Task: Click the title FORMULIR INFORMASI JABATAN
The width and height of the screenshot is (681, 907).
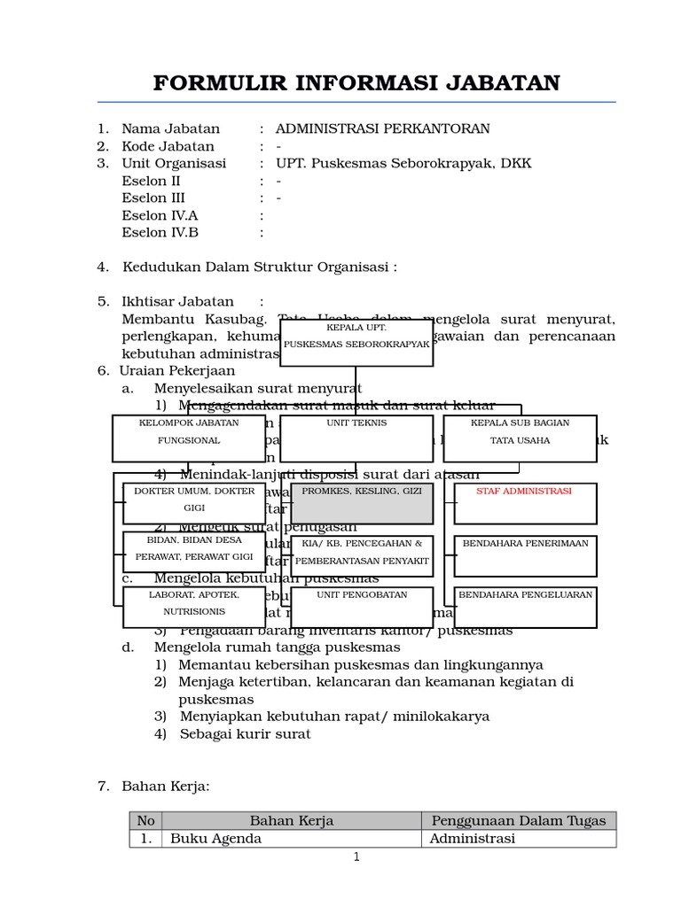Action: coord(356,83)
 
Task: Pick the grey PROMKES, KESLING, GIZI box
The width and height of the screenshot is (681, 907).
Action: coord(362,503)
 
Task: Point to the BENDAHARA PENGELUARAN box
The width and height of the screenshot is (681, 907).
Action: coord(525,607)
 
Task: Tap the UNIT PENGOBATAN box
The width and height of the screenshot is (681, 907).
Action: coord(362,607)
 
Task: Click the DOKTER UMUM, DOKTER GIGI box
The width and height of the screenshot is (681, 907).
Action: coord(194,503)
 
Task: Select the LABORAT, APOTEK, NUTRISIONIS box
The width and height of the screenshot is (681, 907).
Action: coord(194,607)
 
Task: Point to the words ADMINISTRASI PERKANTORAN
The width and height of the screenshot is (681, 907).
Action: coord(382,129)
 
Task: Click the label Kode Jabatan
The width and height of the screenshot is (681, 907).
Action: coord(168,146)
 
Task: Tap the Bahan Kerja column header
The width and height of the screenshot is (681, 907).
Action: coord(291,821)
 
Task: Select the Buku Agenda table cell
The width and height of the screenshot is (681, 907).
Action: coord(215,838)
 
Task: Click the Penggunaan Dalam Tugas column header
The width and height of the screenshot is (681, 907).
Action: coord(518,821)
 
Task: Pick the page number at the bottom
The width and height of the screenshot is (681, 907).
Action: coord(356,857)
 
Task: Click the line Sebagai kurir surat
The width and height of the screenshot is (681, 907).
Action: coord(245,733)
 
